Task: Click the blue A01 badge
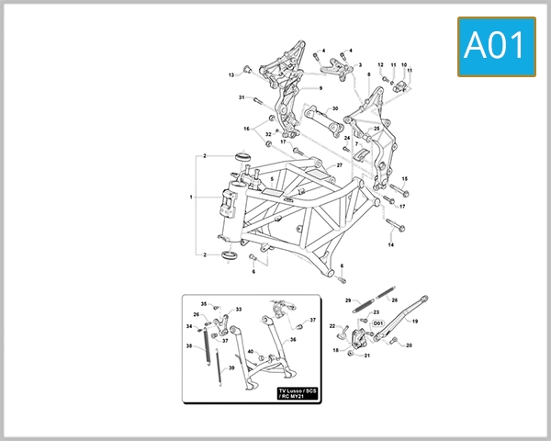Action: click(x=497, y=45)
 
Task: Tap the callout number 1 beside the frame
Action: click(x=191, y=198)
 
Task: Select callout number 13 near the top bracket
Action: click(x=231, y=74)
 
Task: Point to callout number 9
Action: click(x=320, y=88)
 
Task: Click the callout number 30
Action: click(x=335, y=109)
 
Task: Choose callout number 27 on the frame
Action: click(x=339, y=164)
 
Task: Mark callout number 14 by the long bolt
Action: click(x=390, y=246)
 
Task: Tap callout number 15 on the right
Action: click(x=405, y=179)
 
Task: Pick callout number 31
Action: click(x=242, y=97)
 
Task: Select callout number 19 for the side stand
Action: click(x=414, y=322)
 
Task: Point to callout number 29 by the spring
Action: click(x=348, y=300)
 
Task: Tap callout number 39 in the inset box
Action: click(x=231, y=367)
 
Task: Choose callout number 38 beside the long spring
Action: click(x=189, y=346)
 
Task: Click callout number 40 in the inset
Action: click(x=250, y=352)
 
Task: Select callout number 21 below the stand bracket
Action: click(x=367, y=355)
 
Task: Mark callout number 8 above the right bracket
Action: click(x=368, y=73)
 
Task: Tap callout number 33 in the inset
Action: click(x=239, y=310)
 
